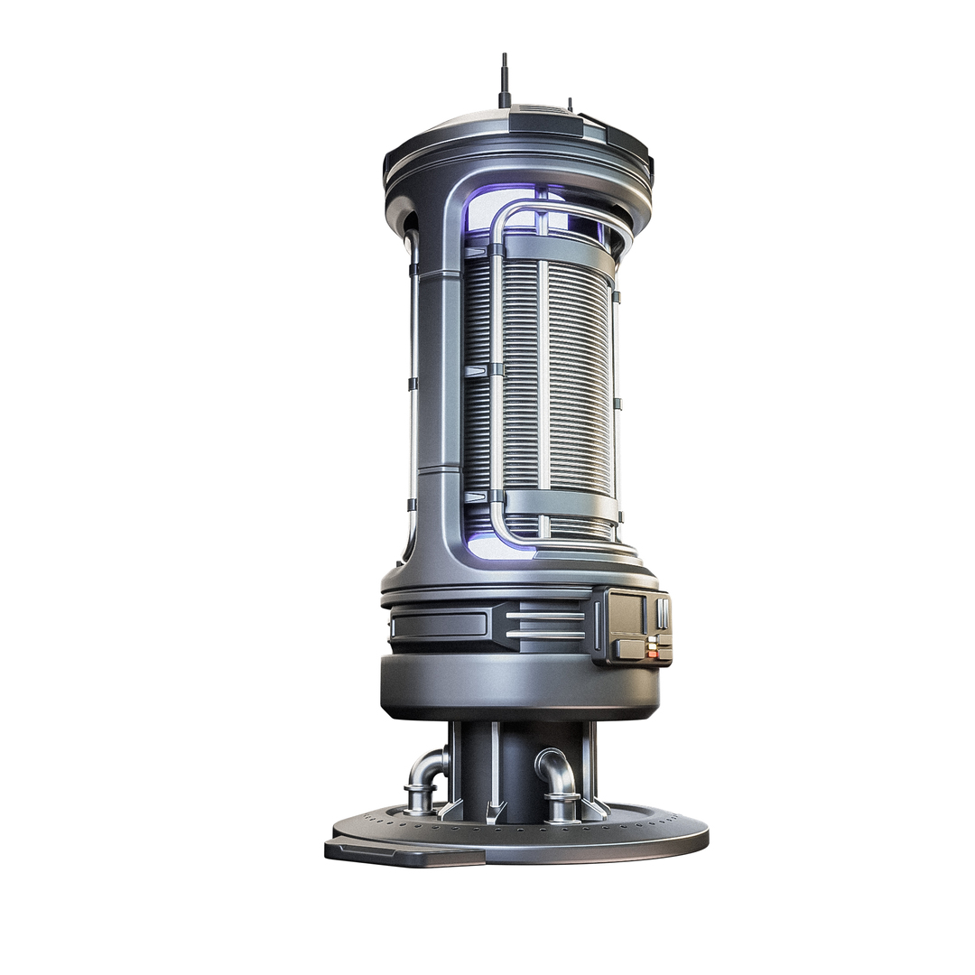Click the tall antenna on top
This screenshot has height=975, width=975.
pyautogui.click(x=505, y=79)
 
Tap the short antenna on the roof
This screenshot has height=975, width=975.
pyautogui.click(x=570, y=104)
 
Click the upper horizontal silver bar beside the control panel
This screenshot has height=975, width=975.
pyautogui.click(x=544, y=616)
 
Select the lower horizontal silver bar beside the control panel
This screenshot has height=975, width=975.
pyautogui.click(x=544, y=634)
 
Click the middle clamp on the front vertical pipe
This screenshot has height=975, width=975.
pyautogui.click(x=496, y=370)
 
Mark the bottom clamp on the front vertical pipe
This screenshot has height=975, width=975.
pyautogui.click(x=496, y=496)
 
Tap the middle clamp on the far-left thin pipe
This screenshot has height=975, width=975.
pyautogui.click(x=413, y=384)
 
